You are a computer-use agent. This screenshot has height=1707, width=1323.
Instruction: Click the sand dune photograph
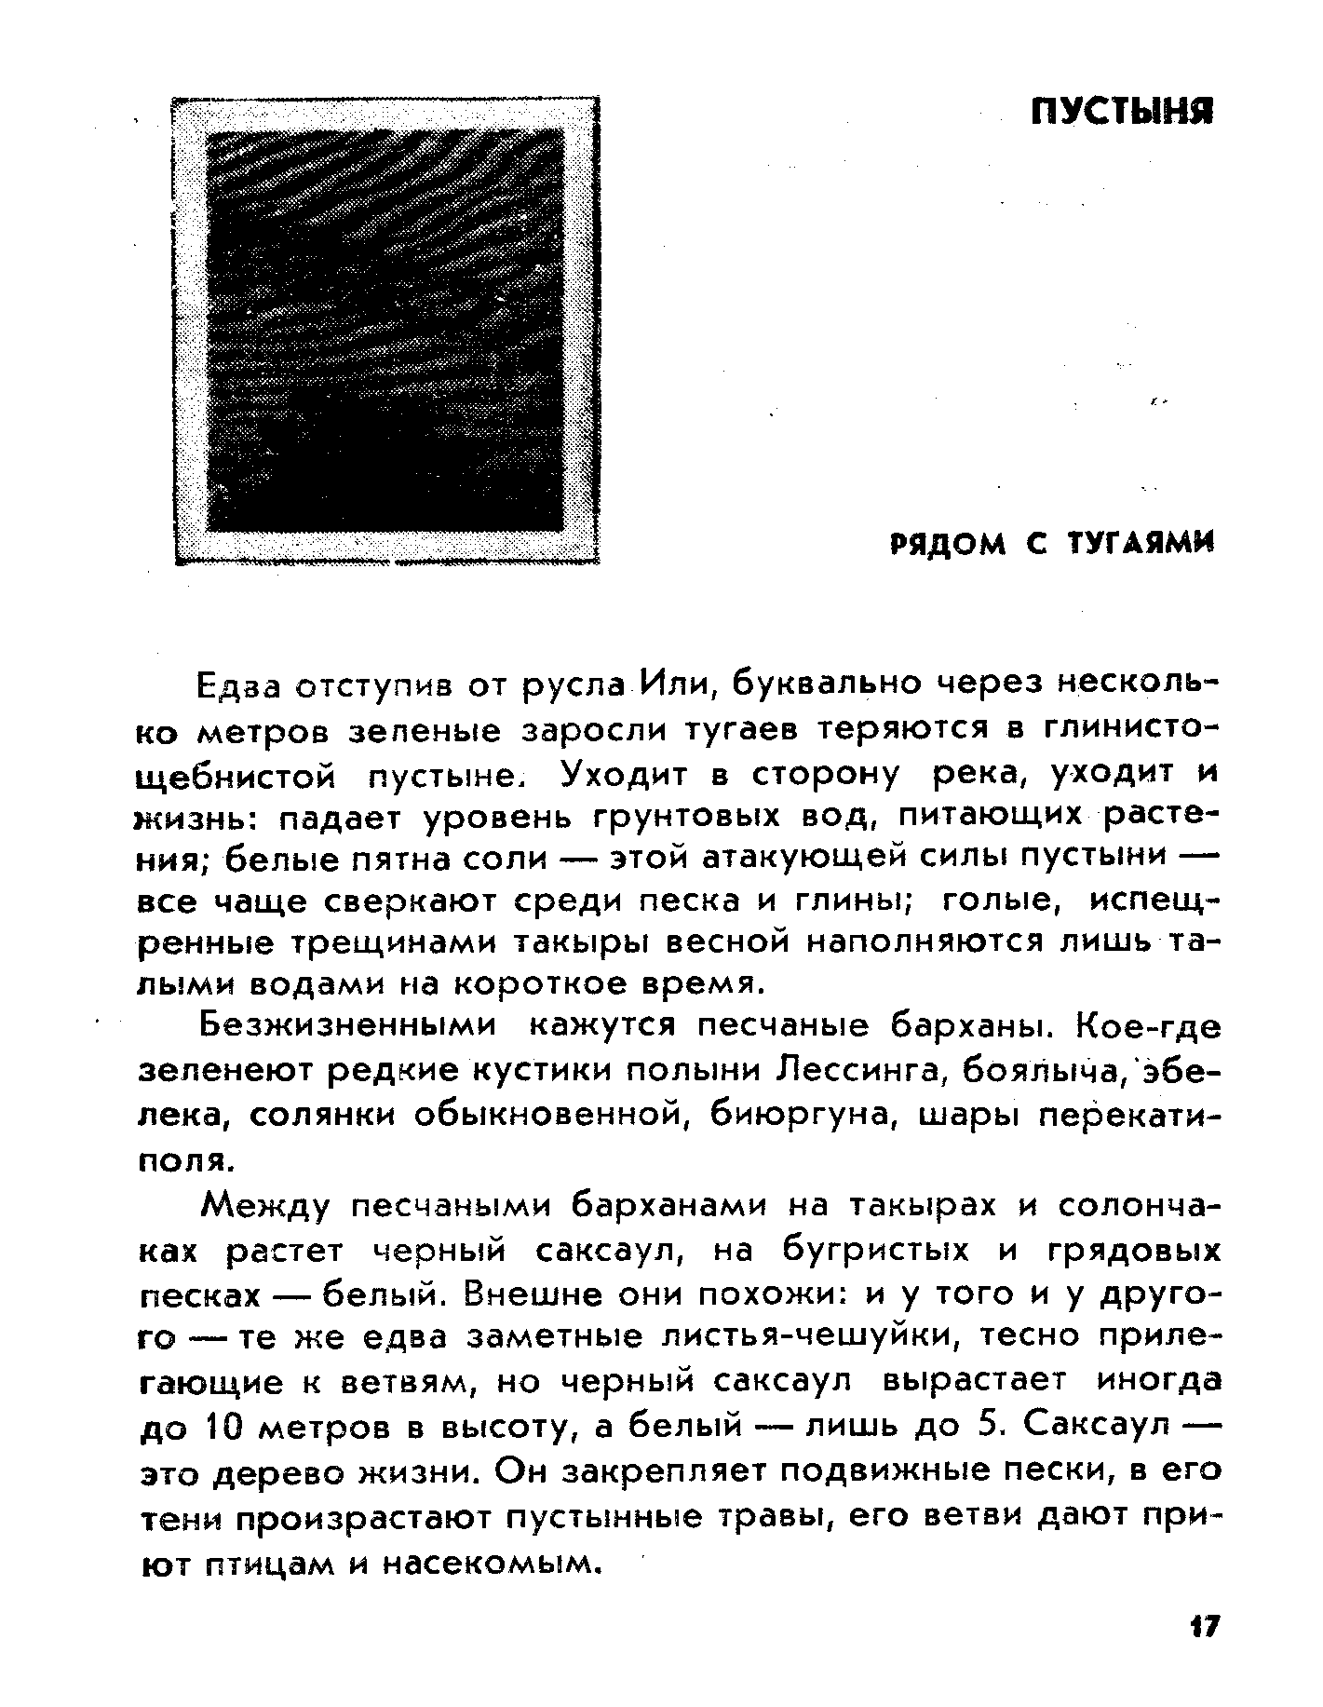coord(385,330)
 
